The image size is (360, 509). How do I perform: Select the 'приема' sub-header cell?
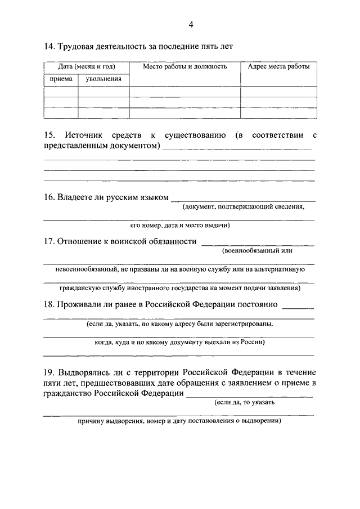[x=61, y=79]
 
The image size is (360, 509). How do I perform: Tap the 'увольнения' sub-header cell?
[x=103, y=79]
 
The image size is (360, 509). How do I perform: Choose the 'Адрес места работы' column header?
[x=278, y=66]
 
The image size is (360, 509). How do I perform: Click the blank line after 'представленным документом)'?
[x=237, y=149]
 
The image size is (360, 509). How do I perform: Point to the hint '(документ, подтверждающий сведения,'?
[x=243, y=207]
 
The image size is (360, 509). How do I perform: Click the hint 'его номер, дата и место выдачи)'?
[x=179, y=225]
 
